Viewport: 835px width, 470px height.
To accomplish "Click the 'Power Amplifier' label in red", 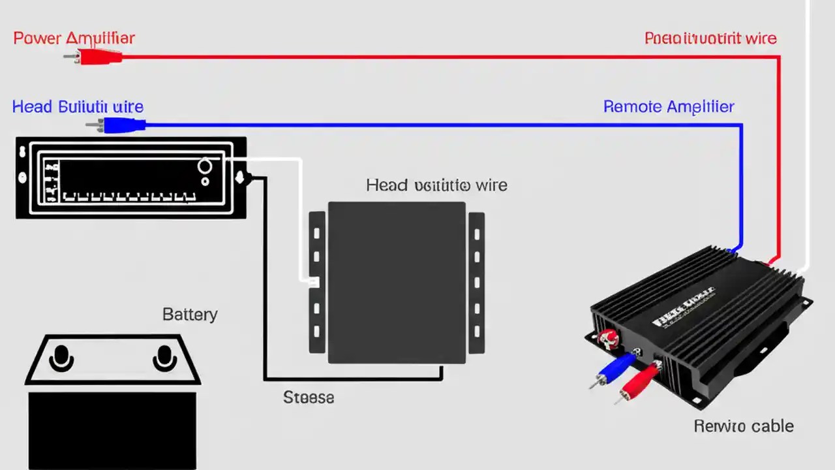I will (74, 38).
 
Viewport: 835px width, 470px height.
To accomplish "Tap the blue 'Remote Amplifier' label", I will (669, 106).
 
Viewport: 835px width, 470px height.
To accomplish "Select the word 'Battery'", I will (189, 314).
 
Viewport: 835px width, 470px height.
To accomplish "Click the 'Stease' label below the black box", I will (309, 397).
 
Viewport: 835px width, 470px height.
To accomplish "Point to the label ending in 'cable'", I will (744, 426).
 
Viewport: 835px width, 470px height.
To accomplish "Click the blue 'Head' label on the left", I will (78, 106).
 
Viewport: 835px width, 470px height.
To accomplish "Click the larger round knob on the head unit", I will (204, 166).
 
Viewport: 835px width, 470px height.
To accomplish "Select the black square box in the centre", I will (397, 282).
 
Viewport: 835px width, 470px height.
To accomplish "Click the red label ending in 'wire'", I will (710, 38).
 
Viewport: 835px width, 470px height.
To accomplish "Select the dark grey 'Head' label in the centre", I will (436, 185).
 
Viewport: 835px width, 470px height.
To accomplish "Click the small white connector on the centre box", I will (313, 282).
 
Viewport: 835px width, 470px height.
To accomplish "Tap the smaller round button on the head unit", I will (205, 181).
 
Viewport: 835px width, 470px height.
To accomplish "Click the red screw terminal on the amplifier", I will (608, 338).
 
